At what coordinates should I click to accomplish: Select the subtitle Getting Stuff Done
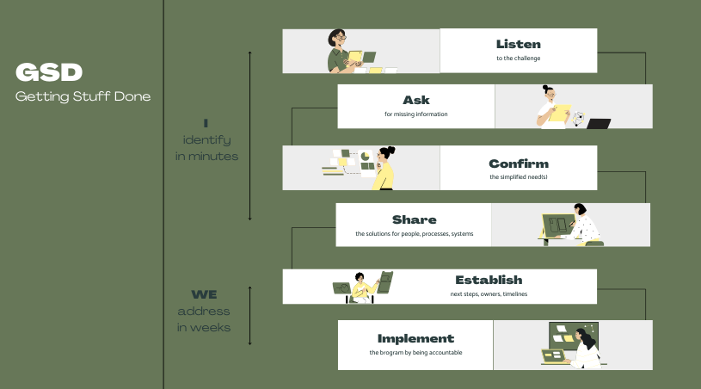83,96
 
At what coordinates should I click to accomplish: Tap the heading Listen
518,44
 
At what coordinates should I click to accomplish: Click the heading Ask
415,100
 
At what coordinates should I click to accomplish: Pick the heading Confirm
518,164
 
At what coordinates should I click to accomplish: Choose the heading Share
414,219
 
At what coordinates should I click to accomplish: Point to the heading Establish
489,280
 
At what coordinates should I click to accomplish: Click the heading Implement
415,338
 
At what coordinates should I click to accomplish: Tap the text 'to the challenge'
518,59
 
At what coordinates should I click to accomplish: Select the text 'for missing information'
415,114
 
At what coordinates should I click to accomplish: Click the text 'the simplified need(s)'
518,177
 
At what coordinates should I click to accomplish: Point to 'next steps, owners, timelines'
489,293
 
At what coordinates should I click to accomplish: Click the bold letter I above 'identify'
206,122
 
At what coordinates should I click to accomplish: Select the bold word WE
204,294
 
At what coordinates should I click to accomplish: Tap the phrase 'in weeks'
204,327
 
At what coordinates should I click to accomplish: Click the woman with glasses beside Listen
338,52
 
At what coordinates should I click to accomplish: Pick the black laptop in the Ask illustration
598,124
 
